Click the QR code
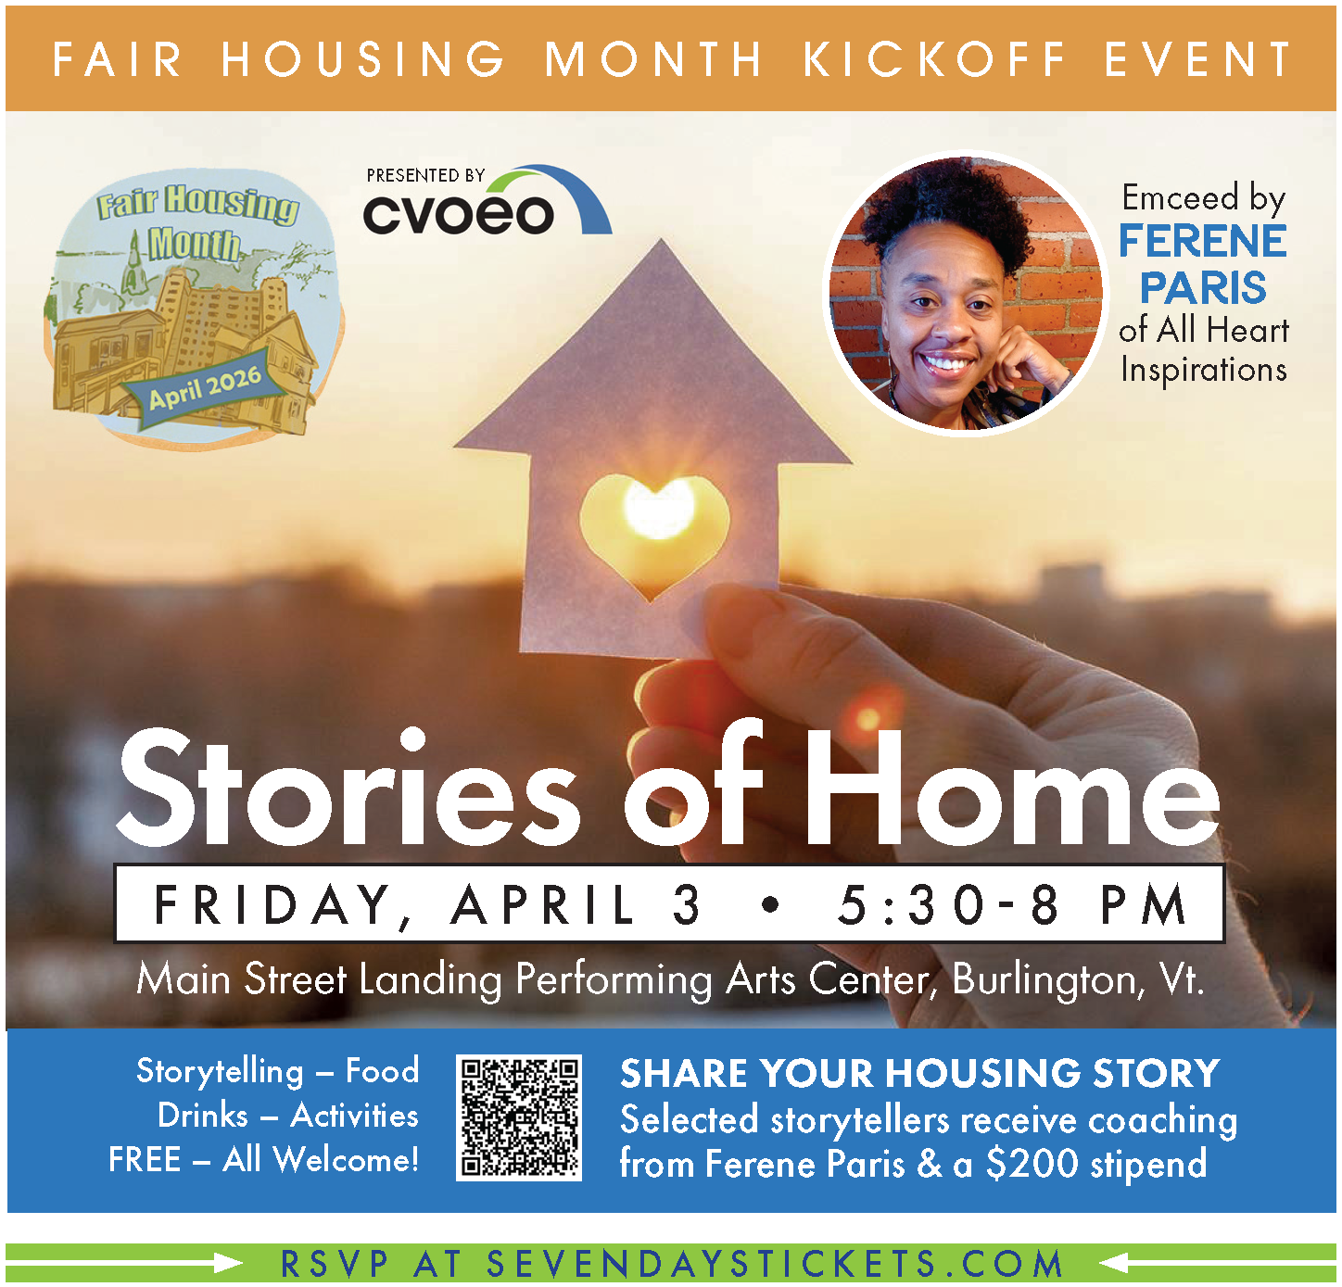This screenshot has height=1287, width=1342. click(519, 1117)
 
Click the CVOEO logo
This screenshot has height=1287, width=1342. click(487, 200)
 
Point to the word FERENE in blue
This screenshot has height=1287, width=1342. click(1202, 241)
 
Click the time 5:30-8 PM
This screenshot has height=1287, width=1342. click(1012, 904)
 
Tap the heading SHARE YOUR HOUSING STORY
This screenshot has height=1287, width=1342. click(920, 1073)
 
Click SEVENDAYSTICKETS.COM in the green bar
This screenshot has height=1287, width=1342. click(775, 1264)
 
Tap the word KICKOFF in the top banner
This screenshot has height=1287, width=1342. click(935, 59)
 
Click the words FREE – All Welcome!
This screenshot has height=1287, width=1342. click(263, 1159)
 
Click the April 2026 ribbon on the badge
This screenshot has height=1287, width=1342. click(205, 387)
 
